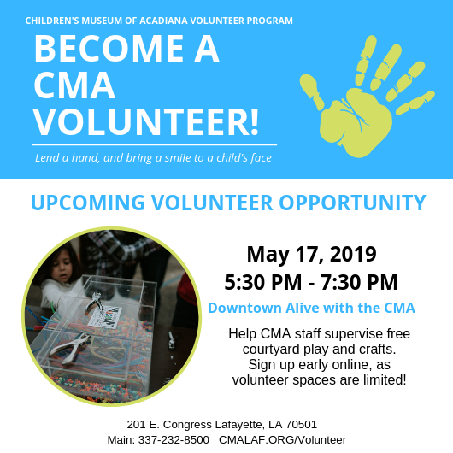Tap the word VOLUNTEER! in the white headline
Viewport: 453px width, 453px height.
(146, 122)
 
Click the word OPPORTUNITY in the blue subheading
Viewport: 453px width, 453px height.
(352, 203)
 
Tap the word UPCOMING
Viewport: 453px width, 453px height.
(88, 203)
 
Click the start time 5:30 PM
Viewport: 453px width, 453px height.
(263, 282)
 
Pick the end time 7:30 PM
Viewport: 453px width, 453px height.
(359, 282)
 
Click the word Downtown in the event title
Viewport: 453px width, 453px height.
(245, 308)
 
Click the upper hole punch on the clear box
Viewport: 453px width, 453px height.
(93, 303)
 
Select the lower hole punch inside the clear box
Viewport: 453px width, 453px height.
(70, 348)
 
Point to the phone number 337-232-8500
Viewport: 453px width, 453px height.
(174, 440)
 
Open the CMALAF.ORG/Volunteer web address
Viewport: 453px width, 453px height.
(282, 440)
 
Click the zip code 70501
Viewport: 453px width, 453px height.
(302, 425)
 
